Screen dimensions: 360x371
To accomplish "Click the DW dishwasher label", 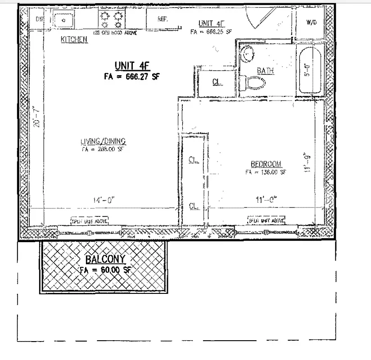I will pos(40,19).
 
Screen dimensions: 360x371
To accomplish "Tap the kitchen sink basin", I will pos(63,20).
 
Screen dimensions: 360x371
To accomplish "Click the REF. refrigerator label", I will pos(163,19).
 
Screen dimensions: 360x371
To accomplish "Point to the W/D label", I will pos(311,22).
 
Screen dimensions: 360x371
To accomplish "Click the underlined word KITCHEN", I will pos(74,40).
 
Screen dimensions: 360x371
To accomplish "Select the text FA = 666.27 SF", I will pos(131,77).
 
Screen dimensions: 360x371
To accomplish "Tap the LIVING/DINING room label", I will pos(103,141).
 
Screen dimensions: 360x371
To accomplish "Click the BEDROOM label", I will pos(266,164).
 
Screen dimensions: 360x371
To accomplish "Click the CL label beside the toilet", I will pos(216,82).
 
